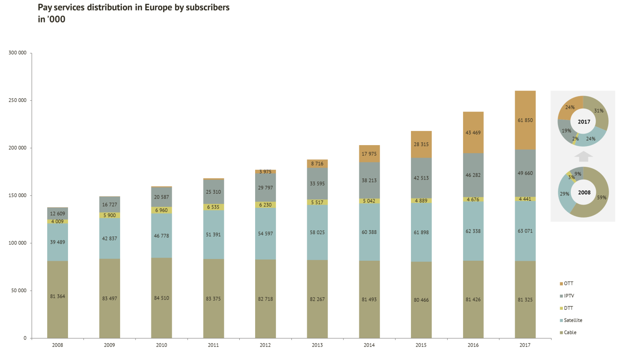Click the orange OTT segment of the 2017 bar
click(525, 120)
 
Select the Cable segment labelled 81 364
click(57, 296)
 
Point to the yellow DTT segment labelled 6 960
click(162, 210)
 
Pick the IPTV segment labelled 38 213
click(369, 180)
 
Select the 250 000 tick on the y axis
click(18, 101)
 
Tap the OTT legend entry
click(569, 284)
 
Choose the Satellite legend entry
click(573, 320)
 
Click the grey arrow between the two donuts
click(584, 156)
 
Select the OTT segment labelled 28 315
click(422, 144)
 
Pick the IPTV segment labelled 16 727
click(109, 204)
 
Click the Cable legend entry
click(570, 333)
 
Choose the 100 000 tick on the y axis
click(18, 243)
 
